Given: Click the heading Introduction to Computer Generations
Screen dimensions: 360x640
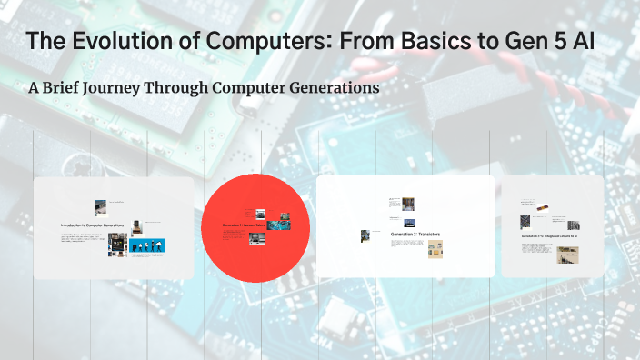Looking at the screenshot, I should (92, 225).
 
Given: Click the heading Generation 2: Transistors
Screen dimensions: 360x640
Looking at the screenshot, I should (415, 234).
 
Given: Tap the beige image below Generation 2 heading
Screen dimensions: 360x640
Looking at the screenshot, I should (435, 248).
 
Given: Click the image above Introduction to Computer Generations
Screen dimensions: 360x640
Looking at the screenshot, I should (100, 207).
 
